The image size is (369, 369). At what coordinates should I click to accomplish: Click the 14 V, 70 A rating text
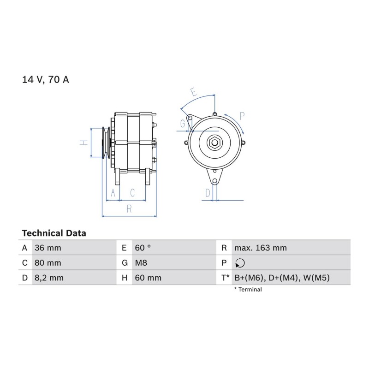click(x=45, y=79)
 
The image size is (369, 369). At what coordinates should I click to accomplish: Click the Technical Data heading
click(x=54, y=233)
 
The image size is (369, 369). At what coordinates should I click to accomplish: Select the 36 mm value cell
click(x=48, y=248)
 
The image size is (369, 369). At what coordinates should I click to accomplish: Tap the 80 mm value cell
click(x=48, y=263)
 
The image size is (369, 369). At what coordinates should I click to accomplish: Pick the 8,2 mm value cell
click(x=49, y=278)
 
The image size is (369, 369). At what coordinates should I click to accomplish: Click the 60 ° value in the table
click(x=143, y=248)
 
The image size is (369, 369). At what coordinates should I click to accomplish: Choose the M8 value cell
click(x=141, y=263)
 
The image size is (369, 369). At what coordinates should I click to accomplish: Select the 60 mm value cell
click(x=148, y=278)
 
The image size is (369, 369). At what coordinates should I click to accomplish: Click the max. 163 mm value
click(x=261, y=248)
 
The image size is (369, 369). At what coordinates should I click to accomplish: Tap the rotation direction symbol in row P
click(x=240, y=263)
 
